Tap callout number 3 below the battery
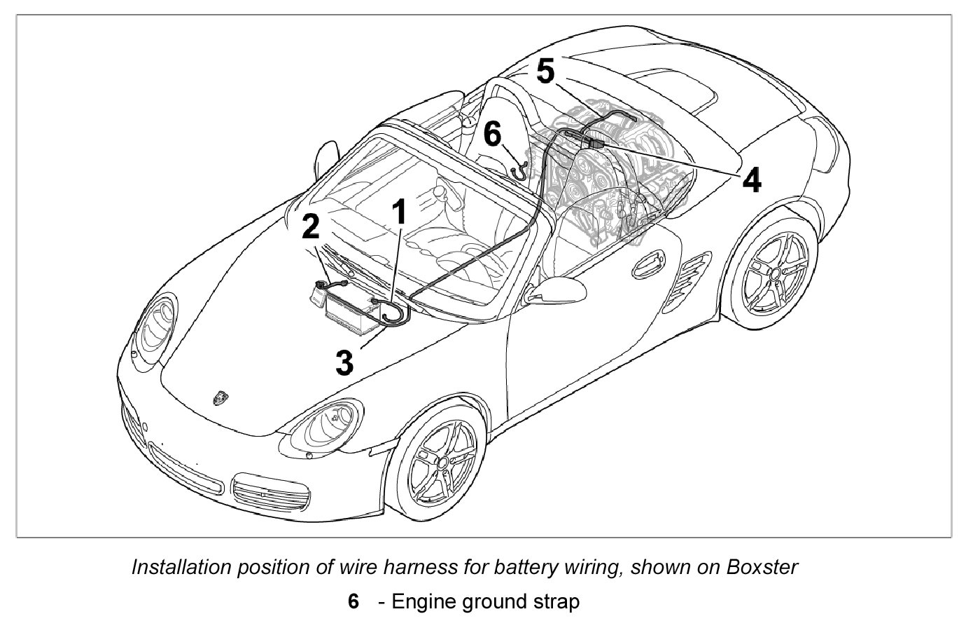pos(344,362)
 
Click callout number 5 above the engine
pos(545,71)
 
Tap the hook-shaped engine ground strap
pos(519,168)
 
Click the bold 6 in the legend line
pos(353,601)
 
